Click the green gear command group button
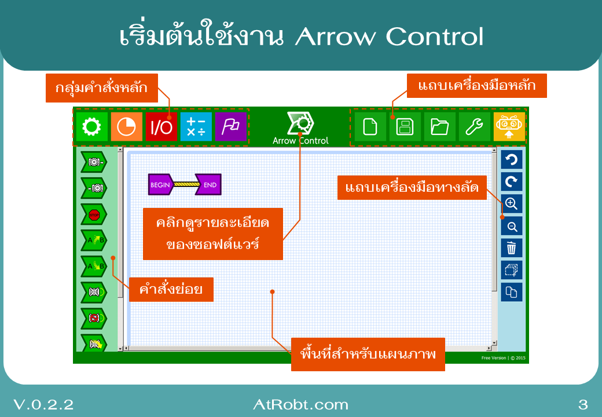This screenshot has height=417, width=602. pyautogui.click(x=91, y=127)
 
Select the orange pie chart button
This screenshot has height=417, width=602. pyautogui.click(x=126, y=127)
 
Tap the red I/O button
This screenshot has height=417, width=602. pyautogui.click(x=161, y=127)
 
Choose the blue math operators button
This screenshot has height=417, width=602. pyautogui.click(x=196, y=127)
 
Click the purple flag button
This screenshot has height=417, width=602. pyautogui.click(x=230, y=127)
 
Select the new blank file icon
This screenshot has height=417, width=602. pyautogui.click(x=370, y=127)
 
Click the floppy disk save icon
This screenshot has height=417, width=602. pyautogui.click(x=405, y=127)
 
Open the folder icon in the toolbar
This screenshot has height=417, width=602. pyautogui.click(x=439, y=127)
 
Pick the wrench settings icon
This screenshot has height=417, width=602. pyautogui.click(x=474, y=127)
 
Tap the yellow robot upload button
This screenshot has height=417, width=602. pyautogui.click(x=509, y=127)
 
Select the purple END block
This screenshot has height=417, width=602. pyautogui.click(x=209, y=185)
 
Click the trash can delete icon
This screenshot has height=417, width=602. pyautogui.click(x=512, y=248)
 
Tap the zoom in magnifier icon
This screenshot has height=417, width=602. pyautogui.click(x=512, y=204)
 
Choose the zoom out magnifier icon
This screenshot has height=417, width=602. pyautogui.click(x=512, y=226)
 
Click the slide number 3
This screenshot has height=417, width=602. pyautogui.click(x=583, y=404)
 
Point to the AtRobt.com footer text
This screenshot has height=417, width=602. pyautogui.click(x=300, y=404)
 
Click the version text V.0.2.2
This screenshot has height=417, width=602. pyautogui.click(x=43, y=404)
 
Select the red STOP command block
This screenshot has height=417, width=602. pyautogui.click(x=94, y=215)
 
